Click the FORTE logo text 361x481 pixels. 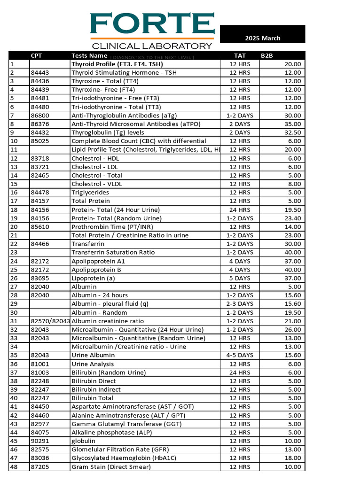[x=152, y=24]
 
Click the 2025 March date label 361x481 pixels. [x=262, y=38]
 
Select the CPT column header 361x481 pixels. [x=36, y=55]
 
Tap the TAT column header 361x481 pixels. [x=240, y=55]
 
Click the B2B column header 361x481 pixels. [x=267, y=55]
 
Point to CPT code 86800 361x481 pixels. [x=40, y=115]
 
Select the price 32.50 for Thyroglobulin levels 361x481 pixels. [x=293, y=132]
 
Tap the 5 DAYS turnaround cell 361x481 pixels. [x=240, y=278]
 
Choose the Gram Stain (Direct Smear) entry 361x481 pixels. [x=111, y=466]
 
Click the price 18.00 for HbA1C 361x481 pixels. [x=293, y=458]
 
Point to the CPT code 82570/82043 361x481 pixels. [x=50, y=321]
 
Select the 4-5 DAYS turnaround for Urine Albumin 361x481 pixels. [x=240, y=355]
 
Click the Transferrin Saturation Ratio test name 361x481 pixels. [x=113, y=252]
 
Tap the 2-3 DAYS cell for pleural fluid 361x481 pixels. [x=240, y=304]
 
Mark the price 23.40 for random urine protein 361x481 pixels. [x=293, y=218]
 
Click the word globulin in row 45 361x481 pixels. [x=83, y=441]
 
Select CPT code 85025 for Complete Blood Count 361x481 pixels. [x=40, y=141]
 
